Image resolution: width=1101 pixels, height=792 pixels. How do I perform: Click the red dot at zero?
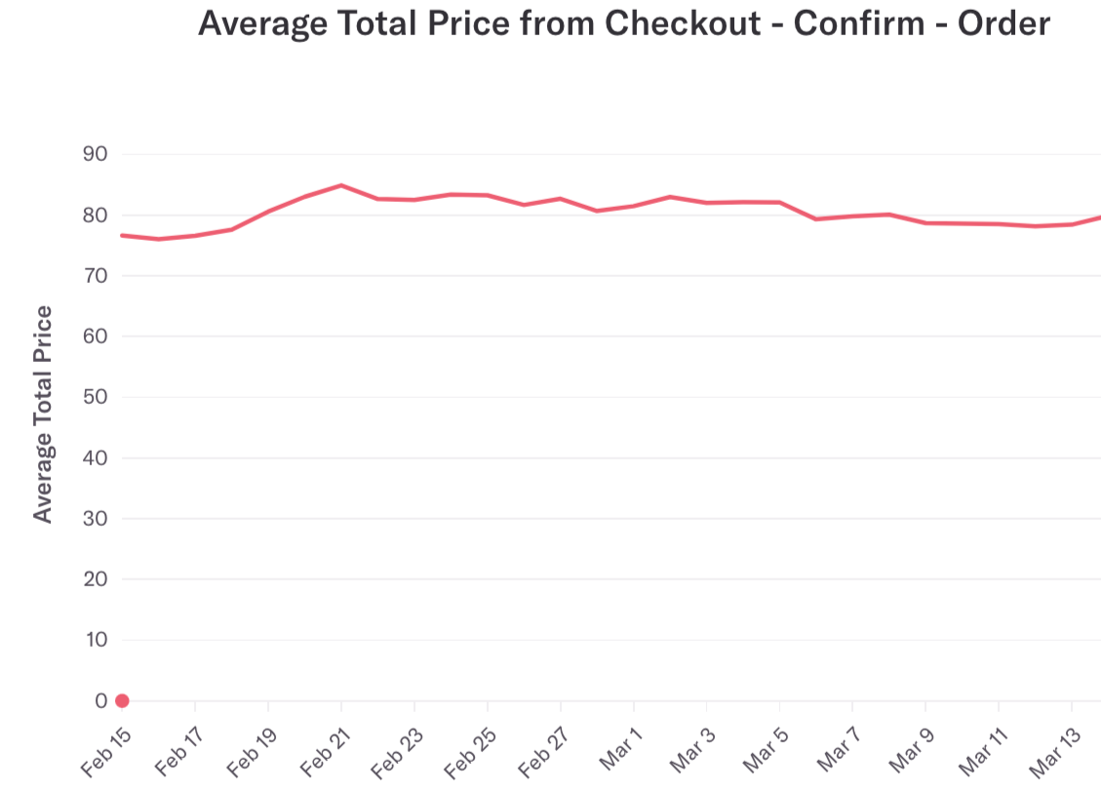pos(122,700)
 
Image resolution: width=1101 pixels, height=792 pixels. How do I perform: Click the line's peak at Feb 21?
pos(341,184)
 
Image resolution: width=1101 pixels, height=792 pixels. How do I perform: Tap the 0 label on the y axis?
pos(100,700)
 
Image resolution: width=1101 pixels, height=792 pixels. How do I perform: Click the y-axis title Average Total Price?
pos(43,414)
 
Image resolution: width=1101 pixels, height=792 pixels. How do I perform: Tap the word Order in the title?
pos(1004,22)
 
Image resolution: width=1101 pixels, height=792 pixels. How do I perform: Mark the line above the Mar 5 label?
pos(779,202)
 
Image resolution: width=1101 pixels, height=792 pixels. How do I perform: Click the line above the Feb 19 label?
pos(268,211)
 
